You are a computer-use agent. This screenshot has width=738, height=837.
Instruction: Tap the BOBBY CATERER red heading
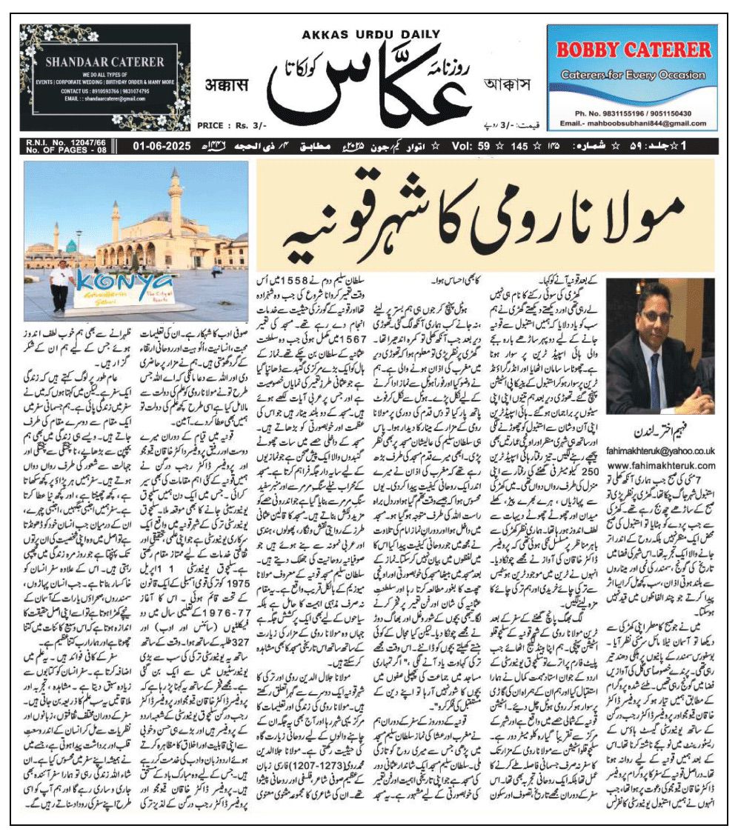pyautogui.click(x=633, y=50)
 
